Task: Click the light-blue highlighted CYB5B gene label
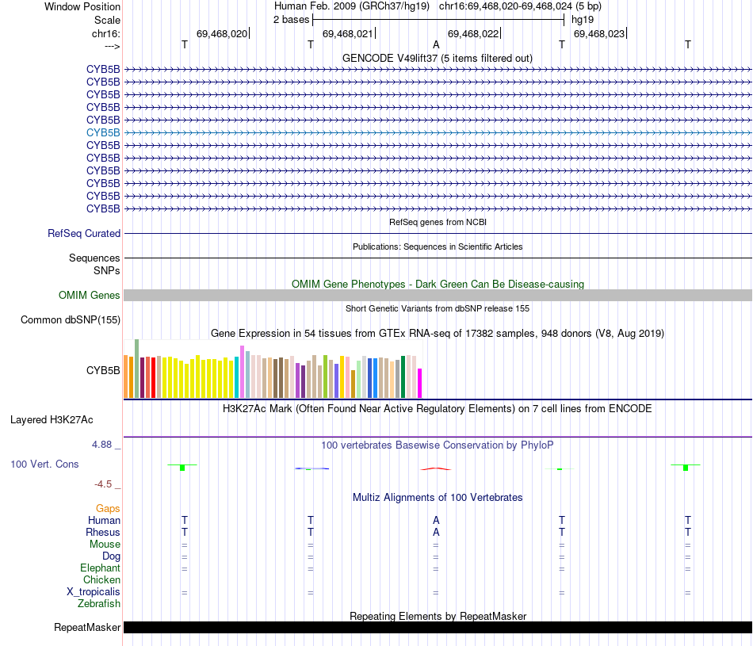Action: click(103, 132)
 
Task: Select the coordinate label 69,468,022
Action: click(473, 33)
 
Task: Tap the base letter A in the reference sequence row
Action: click(436, 44)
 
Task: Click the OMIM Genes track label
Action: click(90, 296)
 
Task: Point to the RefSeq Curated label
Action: click(84, 234)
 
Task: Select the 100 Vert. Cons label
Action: click(44, 464)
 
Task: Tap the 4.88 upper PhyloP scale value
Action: click(102, 445)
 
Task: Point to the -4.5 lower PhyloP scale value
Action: click(103, 484)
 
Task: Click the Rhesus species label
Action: click(104, 532)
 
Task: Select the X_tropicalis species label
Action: click(94, 592)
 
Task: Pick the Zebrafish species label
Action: click(99, 604)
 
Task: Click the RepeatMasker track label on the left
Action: click(87, 628)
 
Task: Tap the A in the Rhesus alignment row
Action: click(436, 532)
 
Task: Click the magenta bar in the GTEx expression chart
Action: click(420, 383)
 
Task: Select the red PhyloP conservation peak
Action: click(436, 468)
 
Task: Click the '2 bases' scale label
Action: click(291, 19)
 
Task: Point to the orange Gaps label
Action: click(108, 508)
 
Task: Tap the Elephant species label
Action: click(100, 568)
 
